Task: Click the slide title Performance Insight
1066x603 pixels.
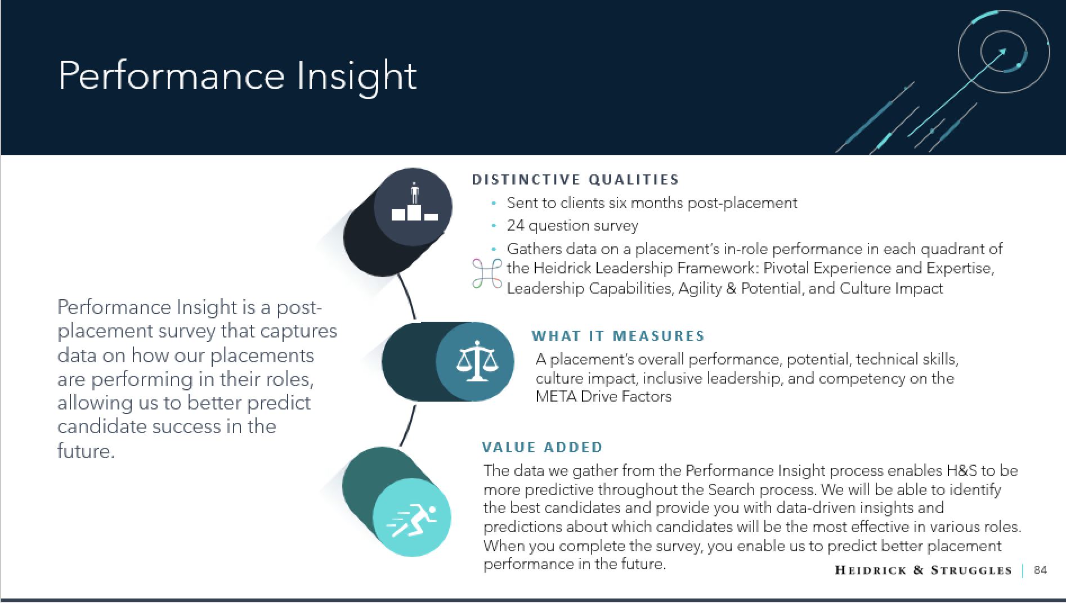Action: click(237, 76)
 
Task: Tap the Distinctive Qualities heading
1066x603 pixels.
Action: click(575, 179)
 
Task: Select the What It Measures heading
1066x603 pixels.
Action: click(618, 336)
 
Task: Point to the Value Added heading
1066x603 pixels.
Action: click(542, 447)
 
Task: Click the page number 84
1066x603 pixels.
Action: click(1040, 570)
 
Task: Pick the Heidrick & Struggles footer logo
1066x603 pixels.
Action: click(923, 570)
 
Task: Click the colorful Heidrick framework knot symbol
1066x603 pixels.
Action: click(486, 274)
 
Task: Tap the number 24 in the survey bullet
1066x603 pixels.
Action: click(515, 226)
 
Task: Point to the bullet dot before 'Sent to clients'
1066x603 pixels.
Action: click(494, 203)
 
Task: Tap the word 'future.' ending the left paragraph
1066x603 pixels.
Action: click(86, 451)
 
